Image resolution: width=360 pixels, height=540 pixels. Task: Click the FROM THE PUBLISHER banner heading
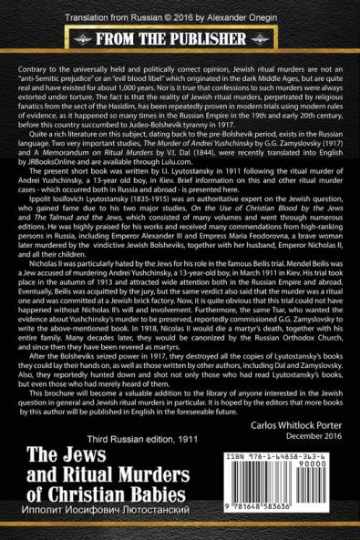tap(180, 40)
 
